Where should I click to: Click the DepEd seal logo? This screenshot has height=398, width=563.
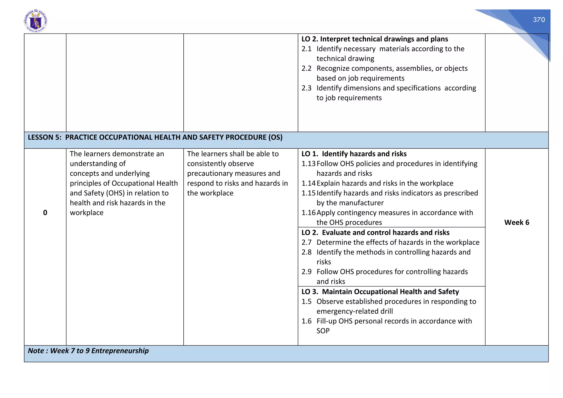click(x=35, y=21)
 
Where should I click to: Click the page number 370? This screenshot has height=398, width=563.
click(x=539, y=20)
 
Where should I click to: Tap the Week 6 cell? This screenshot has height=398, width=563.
click(x=517, y=222)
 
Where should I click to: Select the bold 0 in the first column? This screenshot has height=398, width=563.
click(x=45, y=212)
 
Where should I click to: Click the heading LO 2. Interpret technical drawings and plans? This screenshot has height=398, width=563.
click(x=374, y=39)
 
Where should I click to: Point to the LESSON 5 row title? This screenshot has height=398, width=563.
click(x=155, y=137)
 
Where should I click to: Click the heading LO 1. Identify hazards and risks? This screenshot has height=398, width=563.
click(x=354, y=154)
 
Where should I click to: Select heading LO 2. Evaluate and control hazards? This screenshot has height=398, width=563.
click(x=375, y=233)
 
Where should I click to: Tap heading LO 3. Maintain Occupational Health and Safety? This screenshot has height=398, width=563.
click(x=380, y=292)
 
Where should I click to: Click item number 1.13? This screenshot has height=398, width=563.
click(x=308, y=164)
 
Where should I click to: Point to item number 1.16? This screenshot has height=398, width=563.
click(x=308, y=213)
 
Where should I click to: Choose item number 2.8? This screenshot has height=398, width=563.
click(x=306, y=252)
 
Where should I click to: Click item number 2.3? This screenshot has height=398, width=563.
click(x=306, y=88)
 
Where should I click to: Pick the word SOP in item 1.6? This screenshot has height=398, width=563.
click(x=323, y=331)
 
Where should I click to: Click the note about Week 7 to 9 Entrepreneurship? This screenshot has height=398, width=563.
click(x=88, y=351)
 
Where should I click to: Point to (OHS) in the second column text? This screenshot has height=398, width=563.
click(x=115, y=193)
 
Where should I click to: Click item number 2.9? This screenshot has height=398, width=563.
click(x=306, y=272)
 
